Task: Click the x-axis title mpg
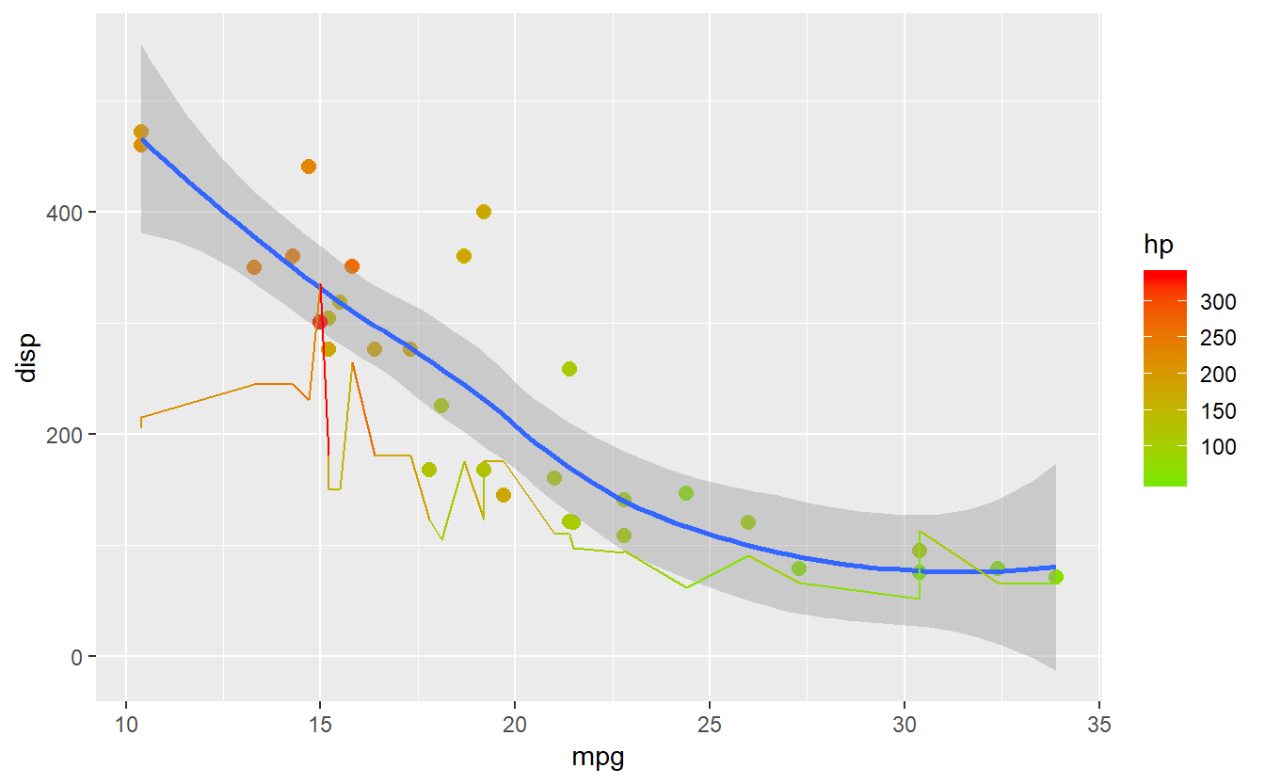tap(598, 758)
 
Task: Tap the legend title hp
tap(1158, 246)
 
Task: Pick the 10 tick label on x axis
tap(126, 726)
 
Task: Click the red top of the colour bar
tap(1164, 275)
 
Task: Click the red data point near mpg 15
tap(320, 322)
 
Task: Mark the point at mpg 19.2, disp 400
tap(484, 212)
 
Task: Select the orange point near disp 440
tap(309, 167)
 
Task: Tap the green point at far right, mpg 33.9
tap(1056, 577)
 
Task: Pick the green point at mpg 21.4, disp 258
tap(569, 369)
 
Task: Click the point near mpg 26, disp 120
tap(748, 522)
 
